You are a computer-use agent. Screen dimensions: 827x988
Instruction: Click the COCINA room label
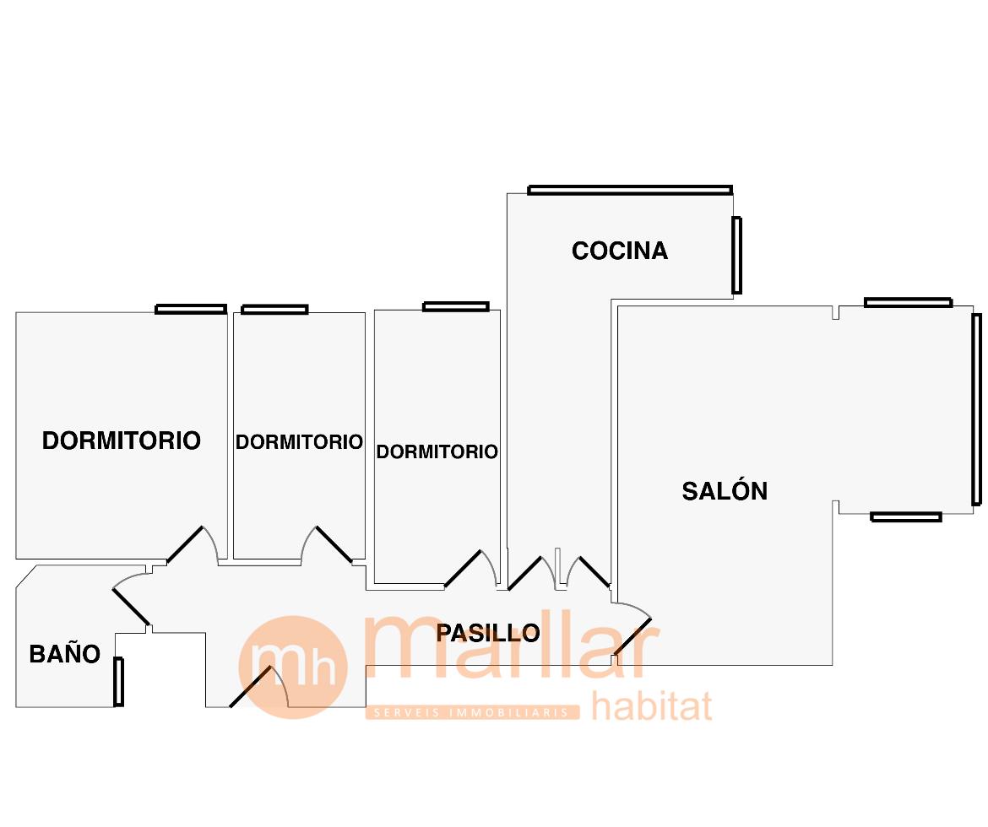click(x=620, y=251)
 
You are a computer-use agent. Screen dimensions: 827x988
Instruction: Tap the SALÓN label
click(x=725, y=491)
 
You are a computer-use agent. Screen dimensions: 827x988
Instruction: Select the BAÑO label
click(x=65, y=654)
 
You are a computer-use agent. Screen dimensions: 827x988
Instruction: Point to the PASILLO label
click(x=488, y=633)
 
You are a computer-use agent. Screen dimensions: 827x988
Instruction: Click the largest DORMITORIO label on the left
click(x=122, y=441)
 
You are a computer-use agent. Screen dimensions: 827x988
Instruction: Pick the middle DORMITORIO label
click(x=299, y=442)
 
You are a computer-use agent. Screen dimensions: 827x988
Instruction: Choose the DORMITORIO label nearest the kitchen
click(x=437, y=452)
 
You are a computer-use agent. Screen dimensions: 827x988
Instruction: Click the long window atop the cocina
click(x=630, y=190)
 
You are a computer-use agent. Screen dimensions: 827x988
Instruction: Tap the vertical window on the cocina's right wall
click(x=736, y=255)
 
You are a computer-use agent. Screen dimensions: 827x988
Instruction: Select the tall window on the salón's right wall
click(x=976, y=409)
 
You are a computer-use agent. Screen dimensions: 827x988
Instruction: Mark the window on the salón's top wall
click(x=908, y=302)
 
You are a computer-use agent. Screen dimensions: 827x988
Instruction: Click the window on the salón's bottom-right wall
click(x=905, y=516)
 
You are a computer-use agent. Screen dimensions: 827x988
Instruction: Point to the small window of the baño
click(x=118, y=681)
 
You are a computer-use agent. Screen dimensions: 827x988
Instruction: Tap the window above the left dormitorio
click(x=191, y=309)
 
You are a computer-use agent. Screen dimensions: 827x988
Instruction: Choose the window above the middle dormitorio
click(x=274, y=310)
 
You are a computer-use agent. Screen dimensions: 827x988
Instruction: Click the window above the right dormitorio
click(x=455, y=306)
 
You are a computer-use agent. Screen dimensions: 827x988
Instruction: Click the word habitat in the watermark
click(x=651, y=705)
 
